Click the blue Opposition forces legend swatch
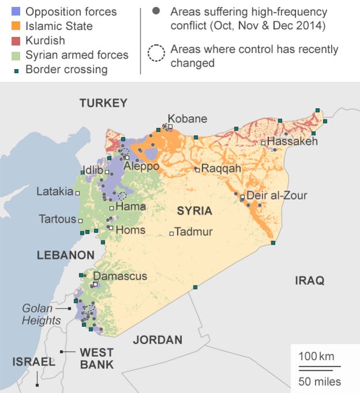point(16,12)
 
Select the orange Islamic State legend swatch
point(16,26)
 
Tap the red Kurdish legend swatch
point(16,41)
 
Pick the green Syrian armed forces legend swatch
point(16,55)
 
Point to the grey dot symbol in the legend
point(156,11)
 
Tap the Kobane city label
point(187,119)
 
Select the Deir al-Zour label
point(276,195)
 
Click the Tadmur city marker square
point(171,233)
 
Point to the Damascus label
point(120,276)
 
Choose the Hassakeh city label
point(293,141)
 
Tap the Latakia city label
point(54,191)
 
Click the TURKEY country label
point(103,103)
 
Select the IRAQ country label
point(309,280)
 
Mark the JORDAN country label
point(157,339)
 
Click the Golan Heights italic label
point(41,314)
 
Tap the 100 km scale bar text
point(316,357)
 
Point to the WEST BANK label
point(96,358)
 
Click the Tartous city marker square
point(81,220)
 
